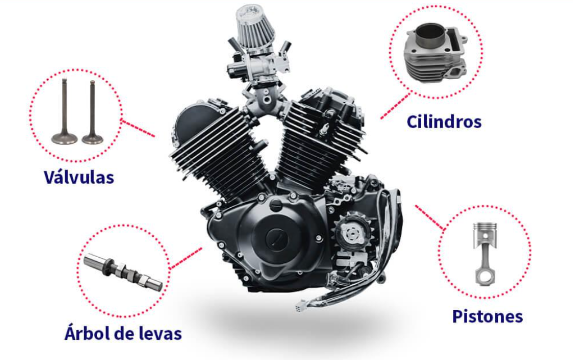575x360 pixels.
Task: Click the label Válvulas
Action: [x=79, y=177]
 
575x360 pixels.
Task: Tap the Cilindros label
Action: [x=444, y=121]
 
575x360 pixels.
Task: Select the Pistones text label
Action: [x=487, y=316]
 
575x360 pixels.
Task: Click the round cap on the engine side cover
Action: [x=275, y=239]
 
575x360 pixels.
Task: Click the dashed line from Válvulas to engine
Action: [x=138, y=129]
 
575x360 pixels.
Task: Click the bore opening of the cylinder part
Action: [x=432, y=30]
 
